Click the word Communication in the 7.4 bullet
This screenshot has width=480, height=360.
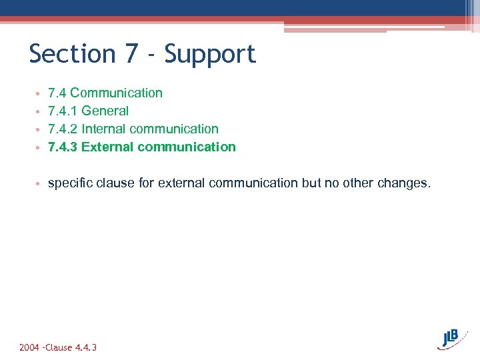point(116,93)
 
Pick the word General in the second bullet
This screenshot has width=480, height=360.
point(105,111)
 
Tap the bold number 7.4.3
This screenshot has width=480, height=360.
point(63,147)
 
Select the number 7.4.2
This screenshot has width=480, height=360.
point(63,129)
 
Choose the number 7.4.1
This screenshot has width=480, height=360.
point(63,111)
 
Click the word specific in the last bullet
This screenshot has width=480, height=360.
point(70,183)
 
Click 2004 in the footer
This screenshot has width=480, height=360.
point(29,347)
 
